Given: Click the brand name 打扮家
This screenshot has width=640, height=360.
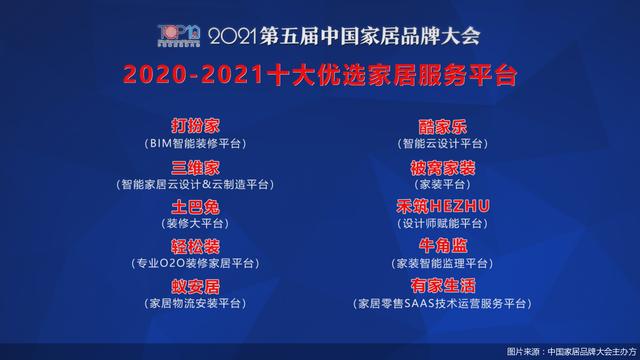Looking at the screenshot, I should coord(195,126).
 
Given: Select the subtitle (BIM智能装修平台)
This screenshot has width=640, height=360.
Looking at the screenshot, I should coord(195,143).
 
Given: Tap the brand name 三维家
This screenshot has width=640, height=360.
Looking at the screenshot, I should coord(195,166).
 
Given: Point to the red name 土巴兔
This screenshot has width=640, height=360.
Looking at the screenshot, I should coord(195,206).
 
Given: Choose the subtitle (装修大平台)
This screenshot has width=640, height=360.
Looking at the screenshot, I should coord(195,224).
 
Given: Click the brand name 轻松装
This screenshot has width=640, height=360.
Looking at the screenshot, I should coord(195,246).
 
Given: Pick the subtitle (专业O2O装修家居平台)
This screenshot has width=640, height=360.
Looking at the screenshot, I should coord(195,263).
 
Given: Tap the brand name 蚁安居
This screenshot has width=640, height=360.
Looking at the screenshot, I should coord(195,286).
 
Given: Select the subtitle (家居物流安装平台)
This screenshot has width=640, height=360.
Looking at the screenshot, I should coord(195,303).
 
